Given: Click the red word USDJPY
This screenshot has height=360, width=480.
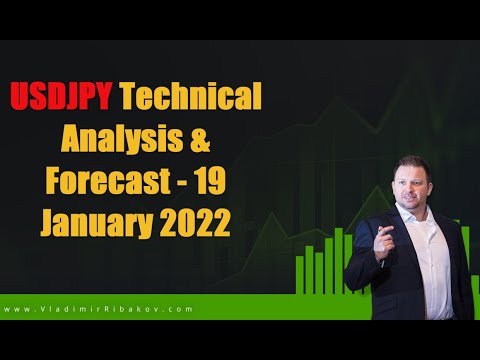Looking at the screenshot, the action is pyautogui.click(x=61, y=97).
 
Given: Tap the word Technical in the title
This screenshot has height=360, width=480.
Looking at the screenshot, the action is pyautogui.click(x=191, y=96).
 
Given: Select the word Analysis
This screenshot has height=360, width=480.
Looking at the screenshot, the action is pyautogui.click(x=122, y=140).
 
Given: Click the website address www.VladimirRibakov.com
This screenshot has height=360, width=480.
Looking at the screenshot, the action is pyautogui.click(x=98, y=309).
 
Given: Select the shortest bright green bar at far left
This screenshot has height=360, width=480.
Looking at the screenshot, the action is pyautogui.click(x=299, y=275).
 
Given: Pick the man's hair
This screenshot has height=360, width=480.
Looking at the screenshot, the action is pyautogui.click(x=412, y=165).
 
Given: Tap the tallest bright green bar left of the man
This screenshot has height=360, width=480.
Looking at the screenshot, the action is pyautogui.click(x=339, y=261).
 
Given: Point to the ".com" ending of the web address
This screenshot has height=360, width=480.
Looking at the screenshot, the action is pyautogui.click(x=181, y=309).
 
